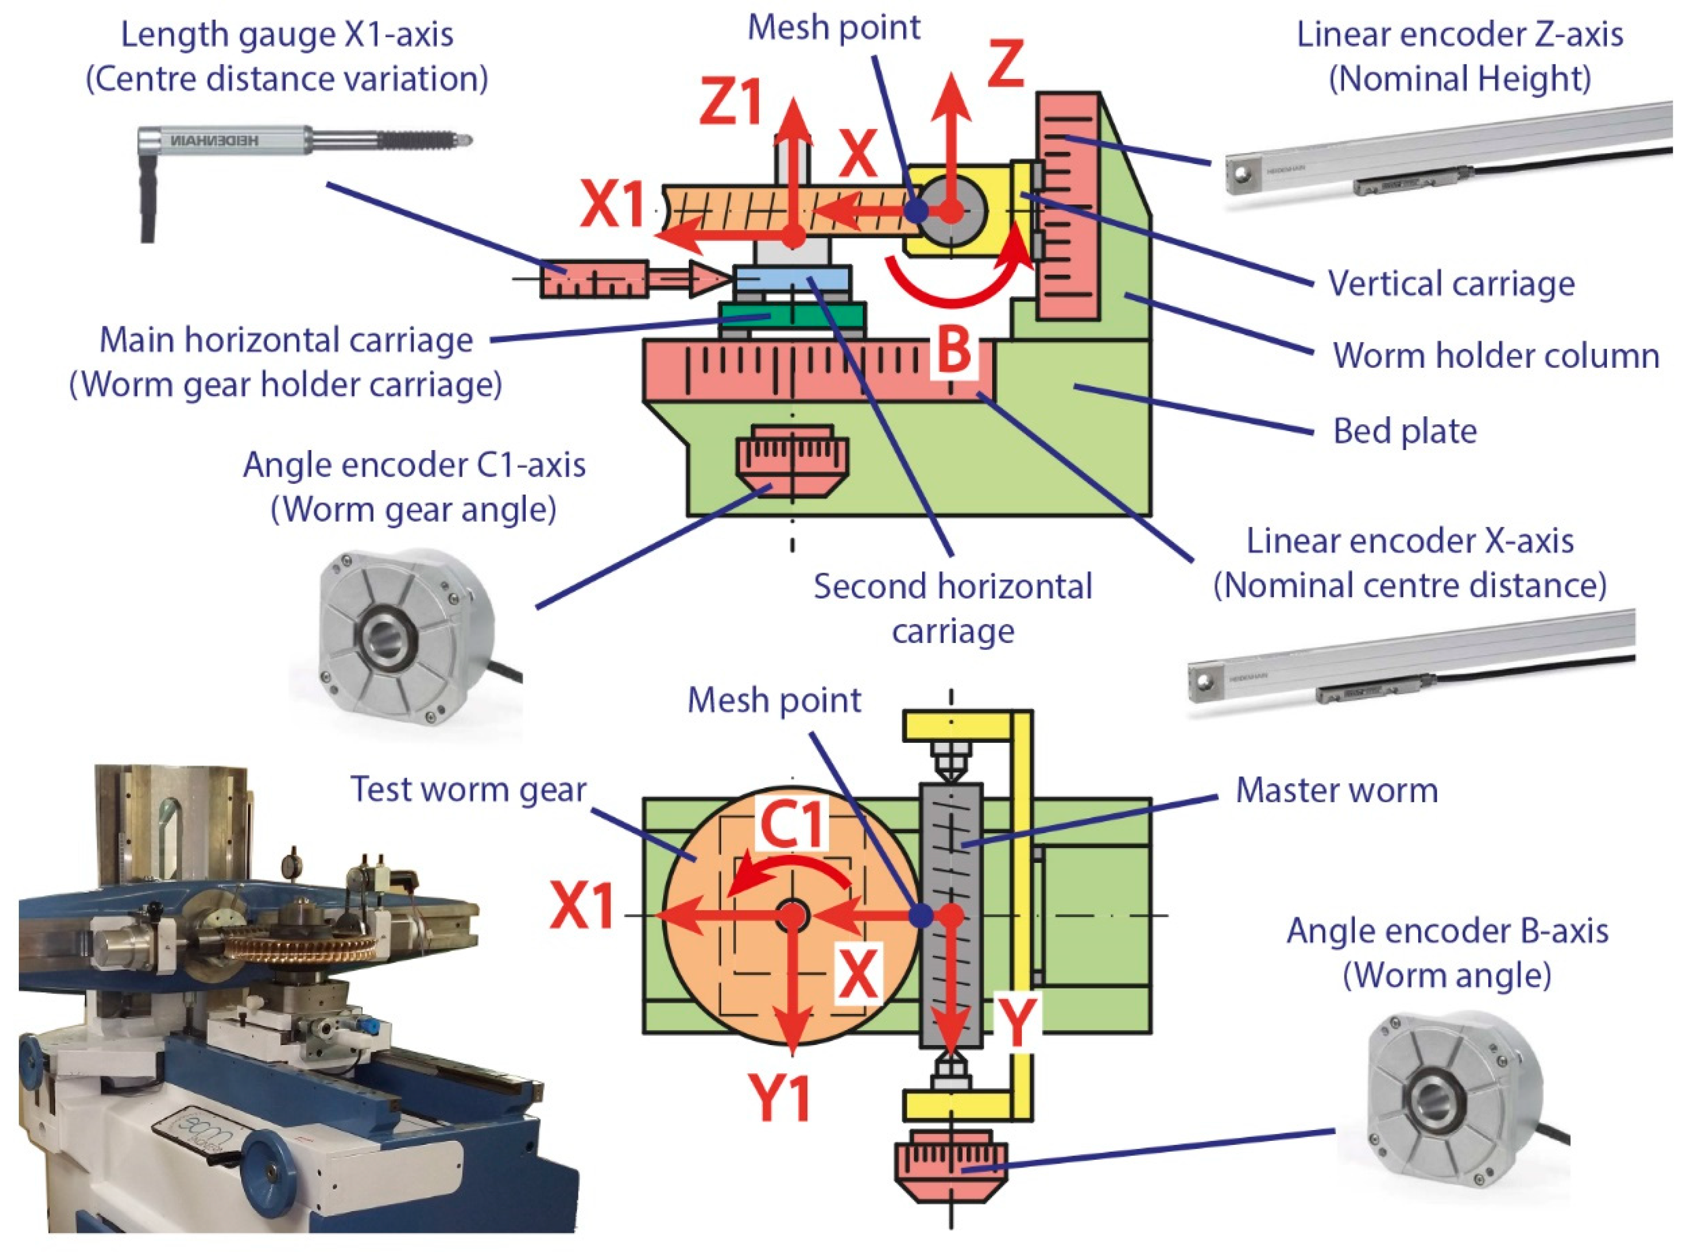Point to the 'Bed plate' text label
pyautogui.click(x=1404, y=431)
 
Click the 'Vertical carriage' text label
pyautogui.click(x=1451, y=283)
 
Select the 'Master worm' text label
pyautogui.click(x=1336, y=790)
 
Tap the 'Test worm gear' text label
pyautogui.click(x=468, y=790)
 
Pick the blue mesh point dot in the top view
pyautogui.click(x=917, y=210)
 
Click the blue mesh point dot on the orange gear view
pyautogui.click(x=921, y=916)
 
